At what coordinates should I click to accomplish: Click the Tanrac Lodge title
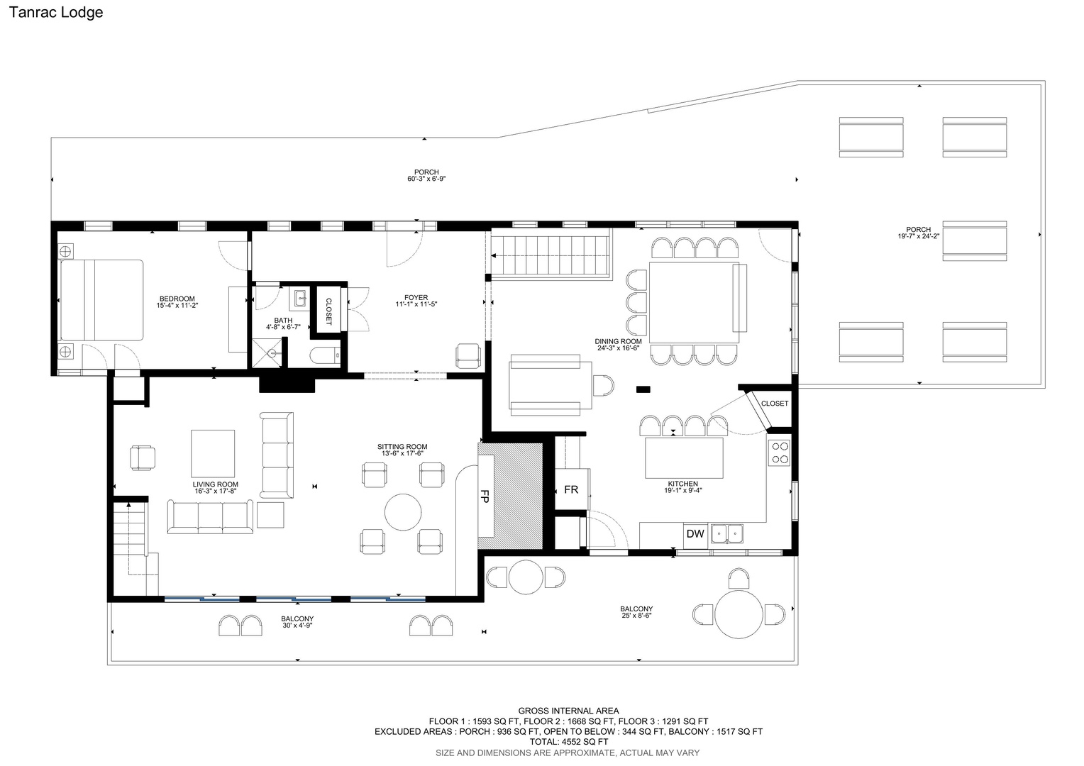pyautogui.click(x=56, y=12)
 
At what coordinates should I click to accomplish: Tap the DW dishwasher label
pyautogui.click(x=695, y=534)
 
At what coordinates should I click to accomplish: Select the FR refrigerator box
pyautogui.click(x=572, y=489)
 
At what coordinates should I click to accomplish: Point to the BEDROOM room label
pyautogui.click(x=177, y=299)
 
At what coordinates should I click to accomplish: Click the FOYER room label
pyautogui.click(x=416, y=298)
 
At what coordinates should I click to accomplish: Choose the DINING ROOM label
pyautogui.click(x=619, y=341)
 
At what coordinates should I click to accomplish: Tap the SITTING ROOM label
pyautogui.click(x=403, y=447)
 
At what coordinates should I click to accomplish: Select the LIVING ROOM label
pyautogui.click(x=216, y=484)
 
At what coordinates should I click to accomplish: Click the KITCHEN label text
pyautogui.click(x=683, y=484)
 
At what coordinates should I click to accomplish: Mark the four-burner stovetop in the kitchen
pyautogui.click(x=780, y=453)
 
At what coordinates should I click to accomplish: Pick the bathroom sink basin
pyautogui.click(x=300, y=299)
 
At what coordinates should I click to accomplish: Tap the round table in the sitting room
pyautogui.click(x=403, y=512)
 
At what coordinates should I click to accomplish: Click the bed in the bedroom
pyautogui.click(x=101, y=300)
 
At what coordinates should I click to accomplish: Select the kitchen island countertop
pyautogui.click(x=684, y=457)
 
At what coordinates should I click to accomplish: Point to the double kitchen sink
pyautogui.click(x=727, y=534)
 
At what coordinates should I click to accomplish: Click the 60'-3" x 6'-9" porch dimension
pyautogui.click(x=426, y=179)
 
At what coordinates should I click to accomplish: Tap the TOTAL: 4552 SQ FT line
pyautogui.click(x=569, y=742)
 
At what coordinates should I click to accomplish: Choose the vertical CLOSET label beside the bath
pyautogui.click(x=328, y=311)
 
